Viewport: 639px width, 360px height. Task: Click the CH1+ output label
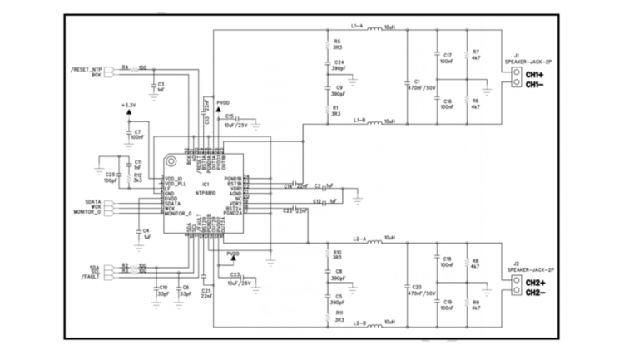pos(534,75)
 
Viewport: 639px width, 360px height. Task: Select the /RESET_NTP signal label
pos(86,68)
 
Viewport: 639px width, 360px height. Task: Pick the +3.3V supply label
pos(127,106)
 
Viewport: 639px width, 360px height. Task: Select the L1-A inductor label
pos(358,27)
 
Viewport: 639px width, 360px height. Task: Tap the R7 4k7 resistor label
pos(476,56)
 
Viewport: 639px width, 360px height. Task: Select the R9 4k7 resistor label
pos(476,305)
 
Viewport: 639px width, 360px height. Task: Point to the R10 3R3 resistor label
pos(337,254)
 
